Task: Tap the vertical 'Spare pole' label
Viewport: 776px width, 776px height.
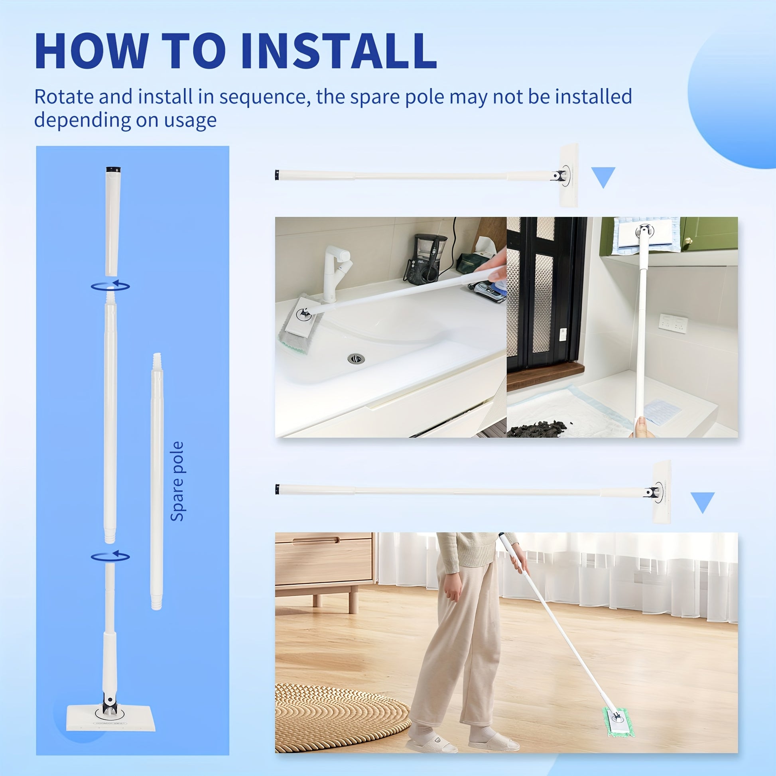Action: coord(177,481)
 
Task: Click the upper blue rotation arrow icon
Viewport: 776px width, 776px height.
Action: coord(110,286)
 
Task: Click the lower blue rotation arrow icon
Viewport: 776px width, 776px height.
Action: coord(110,556)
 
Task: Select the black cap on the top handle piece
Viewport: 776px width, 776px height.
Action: coord(113,170)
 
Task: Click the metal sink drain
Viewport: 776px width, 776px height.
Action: coord(356,358)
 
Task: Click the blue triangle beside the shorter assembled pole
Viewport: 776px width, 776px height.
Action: coord(603,177)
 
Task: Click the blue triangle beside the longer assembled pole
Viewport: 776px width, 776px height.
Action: coord(703,502)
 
